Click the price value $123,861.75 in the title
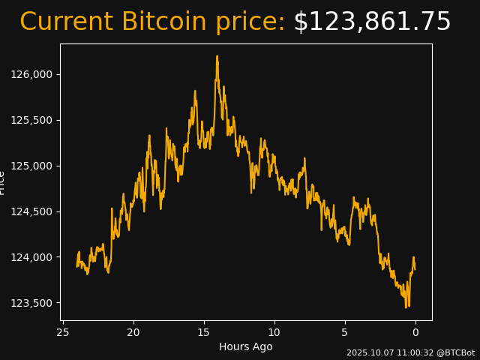[x=372, y=22]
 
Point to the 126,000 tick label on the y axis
[x=31, y=74]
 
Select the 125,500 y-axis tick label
[x=31, y=120]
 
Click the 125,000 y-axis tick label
[x=31, y=166]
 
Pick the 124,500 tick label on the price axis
[x=31, y=211]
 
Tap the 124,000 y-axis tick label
[x=31, y=257]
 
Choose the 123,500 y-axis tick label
[x=31, y=303]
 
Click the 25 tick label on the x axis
[x=63, y=332]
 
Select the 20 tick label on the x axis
[x=133, y=332]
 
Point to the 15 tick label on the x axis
[x=204, y=332]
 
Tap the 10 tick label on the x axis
[x=274, y=332]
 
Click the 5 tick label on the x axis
[x=345, y=332]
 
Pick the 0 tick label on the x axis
[x=415, y=332]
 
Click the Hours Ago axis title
[x=245, y=346]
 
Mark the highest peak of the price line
[x=217, y=56]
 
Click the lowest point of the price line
[x=406, y=307]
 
